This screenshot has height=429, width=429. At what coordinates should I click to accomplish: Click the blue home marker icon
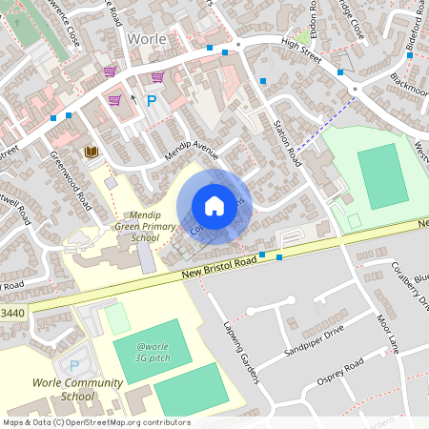(214, 205)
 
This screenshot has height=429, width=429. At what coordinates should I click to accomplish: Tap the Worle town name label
(146, 40)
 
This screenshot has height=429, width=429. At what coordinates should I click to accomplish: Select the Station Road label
(287, 144)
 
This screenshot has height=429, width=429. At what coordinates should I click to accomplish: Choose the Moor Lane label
(386, 333)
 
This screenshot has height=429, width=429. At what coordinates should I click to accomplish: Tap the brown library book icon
(92, 152)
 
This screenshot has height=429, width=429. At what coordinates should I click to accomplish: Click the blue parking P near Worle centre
(151, 98)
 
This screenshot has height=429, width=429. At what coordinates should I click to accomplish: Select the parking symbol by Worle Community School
(72, 364)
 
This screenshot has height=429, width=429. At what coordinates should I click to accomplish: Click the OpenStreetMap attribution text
(96, 422)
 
